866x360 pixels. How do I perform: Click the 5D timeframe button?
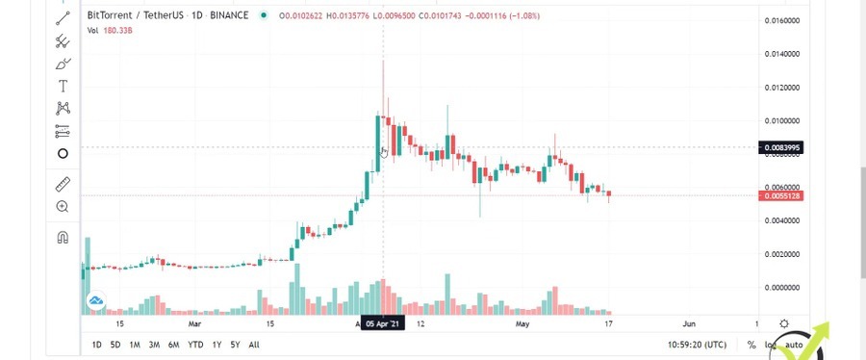[115, 345]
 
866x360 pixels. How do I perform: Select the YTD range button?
[195, 345]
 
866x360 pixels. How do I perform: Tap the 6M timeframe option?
[173, 345]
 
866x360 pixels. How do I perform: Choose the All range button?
[254, 345]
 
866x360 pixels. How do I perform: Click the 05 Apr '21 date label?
[383, 324]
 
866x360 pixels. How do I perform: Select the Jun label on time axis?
[689, 324]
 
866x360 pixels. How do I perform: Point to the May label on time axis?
[522, 324]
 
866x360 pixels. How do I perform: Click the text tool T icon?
[63, 86]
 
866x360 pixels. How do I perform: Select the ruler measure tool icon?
[63, 183]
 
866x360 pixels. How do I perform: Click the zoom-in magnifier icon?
[63, 207]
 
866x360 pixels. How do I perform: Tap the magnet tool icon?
[63, 237]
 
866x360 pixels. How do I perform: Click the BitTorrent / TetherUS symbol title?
[140, 15]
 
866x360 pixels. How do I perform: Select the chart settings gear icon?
[785, 324]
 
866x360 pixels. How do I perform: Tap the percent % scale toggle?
[751, 345]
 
